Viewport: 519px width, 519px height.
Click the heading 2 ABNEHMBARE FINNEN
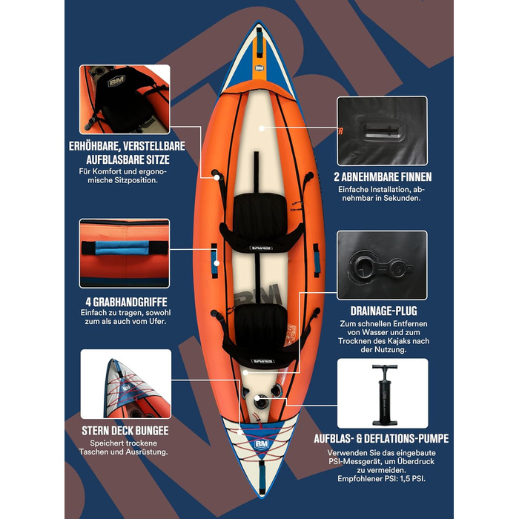click(x=383, y=176)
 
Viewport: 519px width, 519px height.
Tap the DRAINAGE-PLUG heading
click(x=383, y=311)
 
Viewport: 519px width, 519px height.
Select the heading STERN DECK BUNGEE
click(x=125, y=430)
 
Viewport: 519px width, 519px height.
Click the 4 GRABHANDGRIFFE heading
click(x=126, y=302)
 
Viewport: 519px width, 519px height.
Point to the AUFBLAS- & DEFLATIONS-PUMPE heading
click(x=381, y=439)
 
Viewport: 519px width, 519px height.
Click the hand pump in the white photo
click(x=384, y=394)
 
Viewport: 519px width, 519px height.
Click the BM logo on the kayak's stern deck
click(x=262, y=444)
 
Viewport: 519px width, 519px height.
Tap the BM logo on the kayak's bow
click(x=259, y=68)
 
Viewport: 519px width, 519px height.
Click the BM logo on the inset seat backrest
click(x=116, y=80)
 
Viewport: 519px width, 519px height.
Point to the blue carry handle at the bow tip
click(x=259, y=42)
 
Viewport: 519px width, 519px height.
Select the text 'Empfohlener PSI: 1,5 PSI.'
click(x=381, y=479)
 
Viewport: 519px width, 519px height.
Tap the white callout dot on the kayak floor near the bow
click(x=262, y=128)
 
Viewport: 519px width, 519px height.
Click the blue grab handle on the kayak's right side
click(x=317, y=260)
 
